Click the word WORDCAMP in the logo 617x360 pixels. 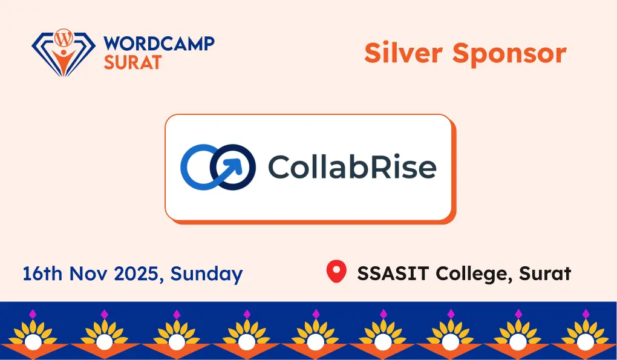click(159, 43)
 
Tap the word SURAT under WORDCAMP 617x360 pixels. click(132, 61)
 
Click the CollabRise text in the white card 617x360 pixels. click(351, 166)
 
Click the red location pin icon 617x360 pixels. click(336, 272)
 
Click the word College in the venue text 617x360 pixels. click(467, 274)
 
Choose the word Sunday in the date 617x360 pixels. click(206, 274)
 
